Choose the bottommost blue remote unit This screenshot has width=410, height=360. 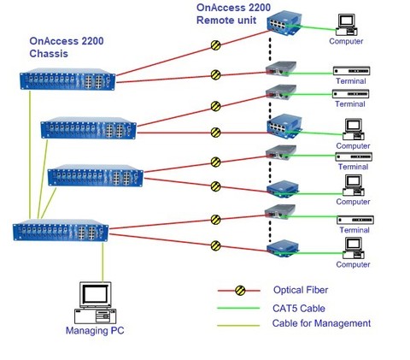tap(281, 250)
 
